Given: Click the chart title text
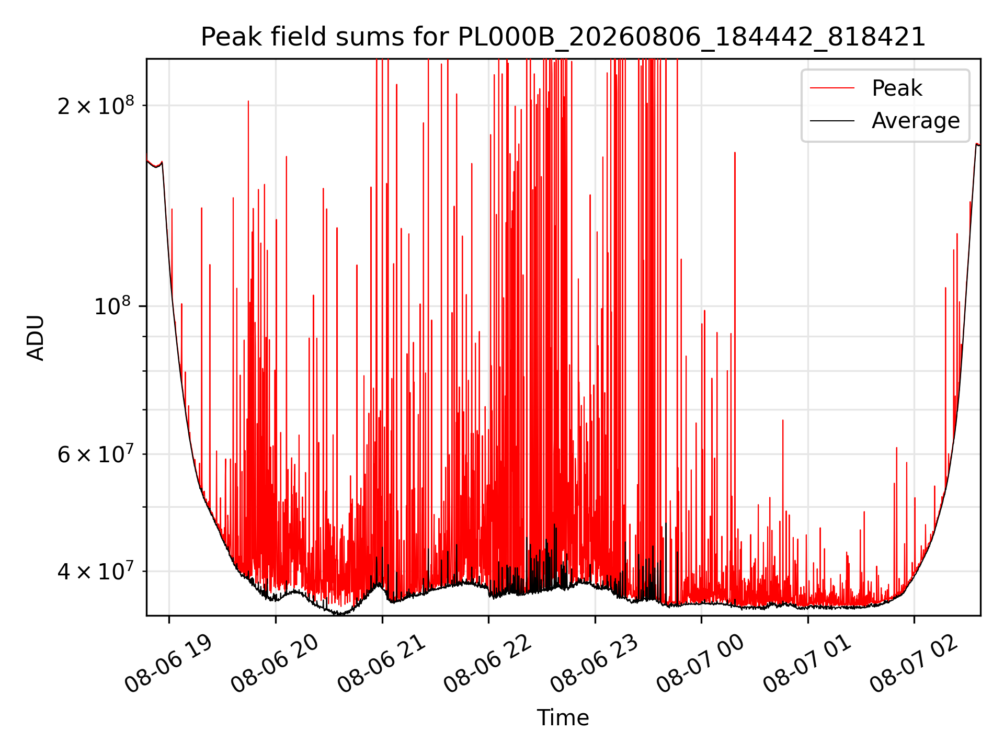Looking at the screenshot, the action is pyautogui.click(x=563, y=37).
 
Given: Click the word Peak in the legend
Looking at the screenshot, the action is pyautogui.click(x=897, y=88).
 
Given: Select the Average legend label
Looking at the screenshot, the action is pyautogui.click(x=916, y=121).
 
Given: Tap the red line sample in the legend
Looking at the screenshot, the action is pyautogui.click(x=832, y=88).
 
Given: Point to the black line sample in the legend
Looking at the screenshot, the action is pyautogui.click(x=832, y=121).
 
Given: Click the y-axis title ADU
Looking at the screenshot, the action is pyautogui.click(x=36, y=337).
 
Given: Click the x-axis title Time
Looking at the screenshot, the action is pyautogui.click(x=563, y=718).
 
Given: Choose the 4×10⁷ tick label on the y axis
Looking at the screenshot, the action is pyautogui.click(x=96, y=571).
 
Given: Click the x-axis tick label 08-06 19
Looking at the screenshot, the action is pyautogui.click(x=169, y=664).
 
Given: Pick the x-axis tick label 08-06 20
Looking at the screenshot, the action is pyautogui.click(x=275, y=664).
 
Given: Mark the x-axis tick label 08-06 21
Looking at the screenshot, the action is pyautogui.click(x=382, y=664).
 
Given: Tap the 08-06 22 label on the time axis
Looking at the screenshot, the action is pyautogui.click(x=488, y=664).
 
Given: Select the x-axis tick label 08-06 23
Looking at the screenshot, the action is pyautogui.click(x=595, y=664).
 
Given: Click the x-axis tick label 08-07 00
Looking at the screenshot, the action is pyautogui.click(x=701, y=664).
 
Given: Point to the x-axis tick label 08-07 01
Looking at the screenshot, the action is pyautogui.click(x=807, y=664).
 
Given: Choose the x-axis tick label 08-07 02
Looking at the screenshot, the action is pyautogui.click(x=914, y=664).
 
